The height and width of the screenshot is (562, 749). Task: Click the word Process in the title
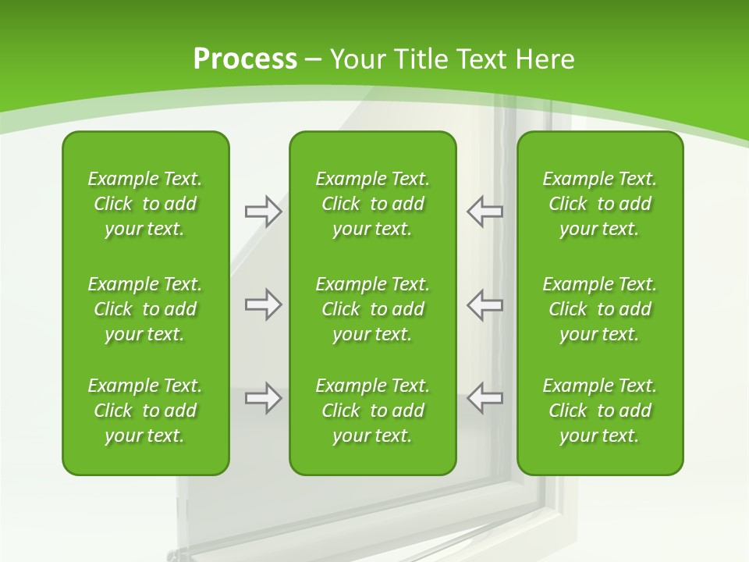(245, 59)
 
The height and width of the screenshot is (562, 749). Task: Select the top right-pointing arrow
(263, 212)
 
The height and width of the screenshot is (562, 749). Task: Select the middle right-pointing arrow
(263, 304)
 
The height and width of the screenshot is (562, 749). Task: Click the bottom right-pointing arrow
(263, 398)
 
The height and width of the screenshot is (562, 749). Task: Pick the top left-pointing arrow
(485, 212)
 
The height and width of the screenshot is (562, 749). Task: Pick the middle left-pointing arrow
(485, 304)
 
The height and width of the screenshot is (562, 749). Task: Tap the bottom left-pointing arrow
(485, 398)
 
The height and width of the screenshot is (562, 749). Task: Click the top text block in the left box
(145, 204)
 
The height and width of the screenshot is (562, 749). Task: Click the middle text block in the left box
(145, 309)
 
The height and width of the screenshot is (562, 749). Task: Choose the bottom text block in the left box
(145, 411)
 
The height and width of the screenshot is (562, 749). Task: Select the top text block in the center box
(372, 204)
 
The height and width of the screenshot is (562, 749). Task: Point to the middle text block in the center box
(372, 309)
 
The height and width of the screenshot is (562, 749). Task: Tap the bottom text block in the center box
(372, 411)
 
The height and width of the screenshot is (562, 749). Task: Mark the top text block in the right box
(599, 204)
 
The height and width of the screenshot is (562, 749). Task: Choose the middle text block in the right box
(599, 309)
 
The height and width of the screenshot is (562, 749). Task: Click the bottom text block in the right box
(599, 411)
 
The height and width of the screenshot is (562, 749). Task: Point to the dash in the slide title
(313, 59)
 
